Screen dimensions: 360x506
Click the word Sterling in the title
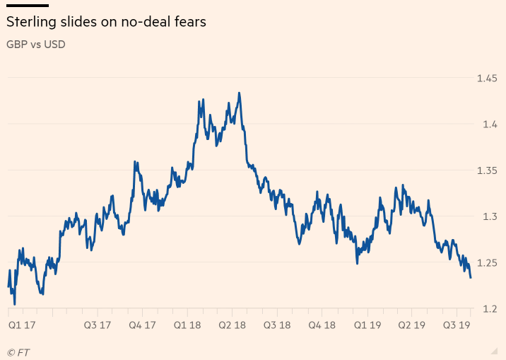(30, 22)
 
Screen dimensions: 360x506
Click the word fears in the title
(189, 22)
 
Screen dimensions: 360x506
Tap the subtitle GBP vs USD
(36, 44)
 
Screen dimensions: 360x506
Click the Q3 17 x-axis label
(98, 325)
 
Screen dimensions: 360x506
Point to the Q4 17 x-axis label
(142, 325)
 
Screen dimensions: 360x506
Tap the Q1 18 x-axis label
(187, 325)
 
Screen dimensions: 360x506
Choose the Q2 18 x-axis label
(231, 325)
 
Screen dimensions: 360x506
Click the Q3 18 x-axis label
(277, 325)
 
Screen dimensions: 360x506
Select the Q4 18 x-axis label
(322, 325)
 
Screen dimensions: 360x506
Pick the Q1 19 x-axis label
(367, 325)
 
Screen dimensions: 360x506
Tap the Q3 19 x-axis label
(457, 325)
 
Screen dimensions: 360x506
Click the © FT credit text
(18, 352)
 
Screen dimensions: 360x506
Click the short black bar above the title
(27, 6)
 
